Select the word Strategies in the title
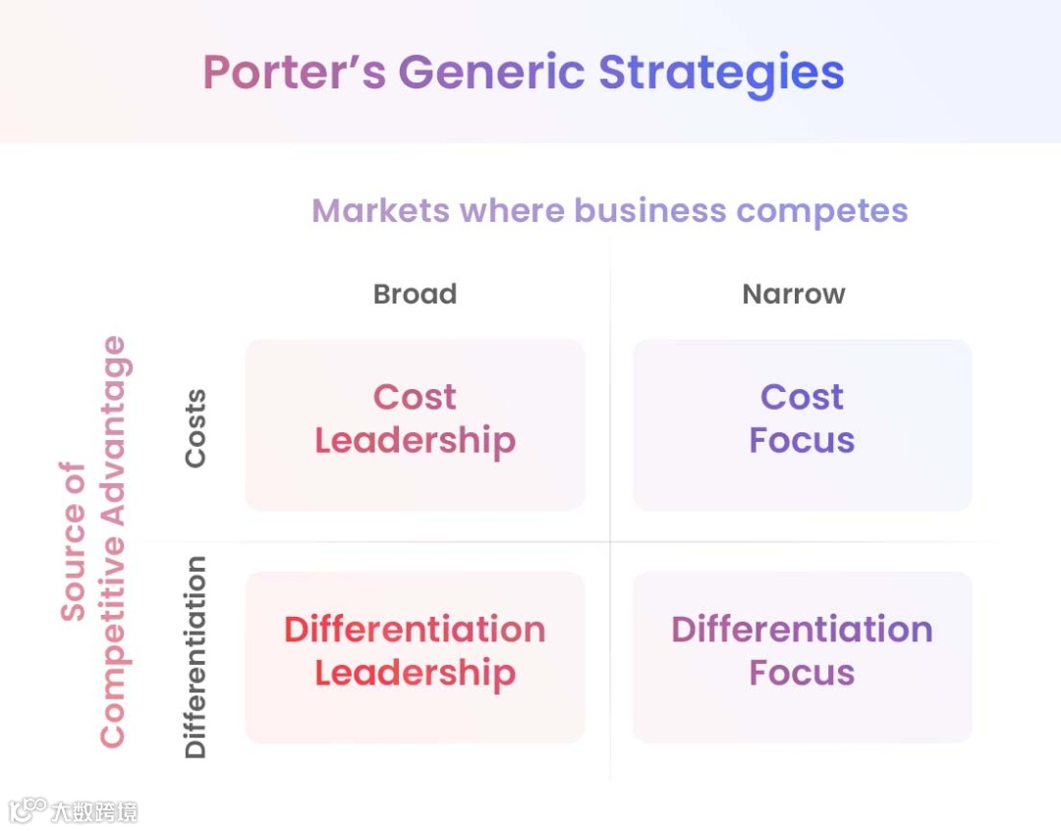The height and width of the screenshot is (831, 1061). pyautogui.click(x=721, y=73)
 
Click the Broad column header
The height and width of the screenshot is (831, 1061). pyautogui.click(x=415, y=294)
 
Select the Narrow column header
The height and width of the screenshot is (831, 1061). pyautogui.click(x=794, y=294)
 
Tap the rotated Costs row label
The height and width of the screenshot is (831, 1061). pyautogui.click(x=195, y=427)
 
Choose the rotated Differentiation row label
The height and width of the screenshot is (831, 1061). pyautogui.click(x=195, y=657)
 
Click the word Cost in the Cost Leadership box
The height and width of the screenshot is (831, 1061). pyautogui.click(x=415, y=397)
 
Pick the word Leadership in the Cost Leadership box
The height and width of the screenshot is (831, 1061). pyautogui.click(x=415, y=441)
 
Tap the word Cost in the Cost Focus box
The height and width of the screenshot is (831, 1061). pyautogui.click(x=802, y=397)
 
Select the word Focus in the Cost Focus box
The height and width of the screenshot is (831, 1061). pyautogui.click(x=802, y=440)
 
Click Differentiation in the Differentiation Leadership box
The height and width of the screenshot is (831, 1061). pyautogui.click(x=415, y=629)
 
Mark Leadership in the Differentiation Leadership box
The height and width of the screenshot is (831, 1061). pyautogui.click(x=415, y=673)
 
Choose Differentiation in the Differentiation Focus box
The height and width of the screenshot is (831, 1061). pyautogui.click(x=802, y=629)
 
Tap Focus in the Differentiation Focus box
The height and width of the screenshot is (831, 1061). pyautogui.click(x=802, y=673)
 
